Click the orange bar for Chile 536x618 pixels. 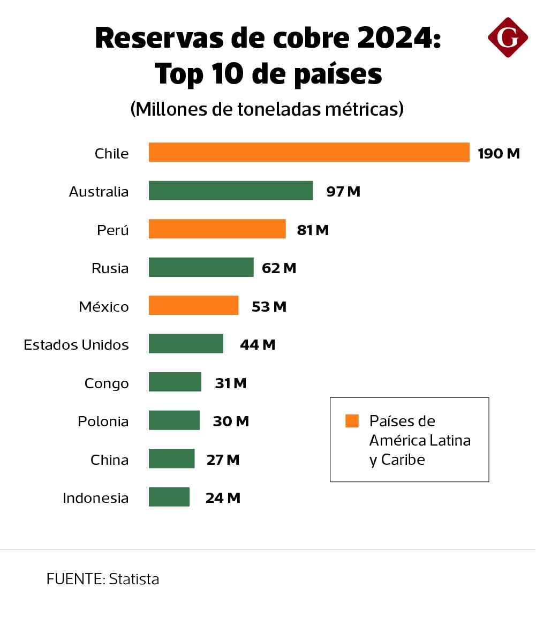point(309,152)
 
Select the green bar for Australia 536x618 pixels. point(230,191)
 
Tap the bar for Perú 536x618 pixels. point(217,229)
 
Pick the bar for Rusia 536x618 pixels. point(201,267)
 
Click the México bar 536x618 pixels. point(193,305)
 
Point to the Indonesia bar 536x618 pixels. point(169,497)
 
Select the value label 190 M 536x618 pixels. point(499,154)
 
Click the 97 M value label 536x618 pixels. point(343,192)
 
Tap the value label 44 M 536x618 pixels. point(258,345)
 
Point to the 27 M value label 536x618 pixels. point(223,460)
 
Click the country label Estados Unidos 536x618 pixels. point(76,345)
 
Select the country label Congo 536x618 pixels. point(107,383)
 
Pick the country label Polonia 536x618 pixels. point(103,421)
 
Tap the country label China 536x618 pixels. point(109,460)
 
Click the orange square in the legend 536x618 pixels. point(352,421)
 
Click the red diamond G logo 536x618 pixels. point(508,37)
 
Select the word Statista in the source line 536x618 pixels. point(134,579)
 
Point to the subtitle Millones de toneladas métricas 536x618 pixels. point(267,109)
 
